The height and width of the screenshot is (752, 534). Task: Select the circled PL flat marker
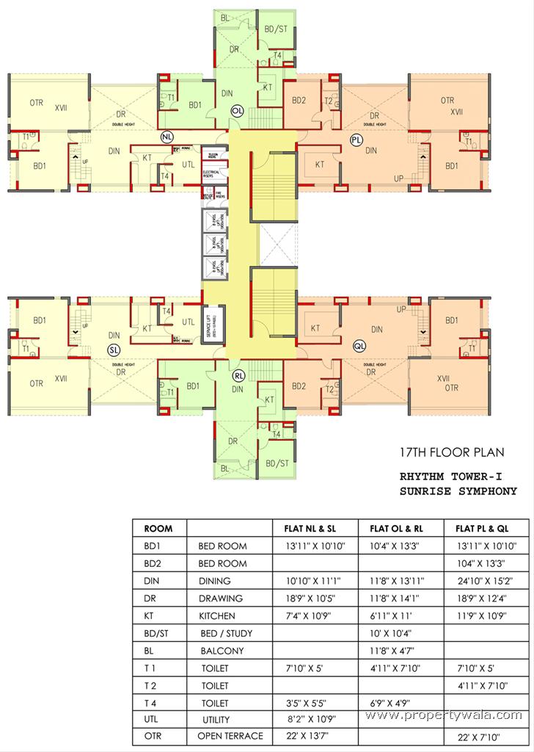pyautogui.click(x=356, y=138)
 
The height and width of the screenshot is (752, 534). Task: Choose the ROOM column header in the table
pyautogui.click(x=158, y=528)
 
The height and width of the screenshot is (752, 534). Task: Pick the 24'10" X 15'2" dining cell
pyautogui.click(x=486, y=581)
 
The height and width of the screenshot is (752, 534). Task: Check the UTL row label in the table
pyautogui.click(x=152, y=720)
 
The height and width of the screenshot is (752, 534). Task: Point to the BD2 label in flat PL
pyautogui.click(x=299, y=101)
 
